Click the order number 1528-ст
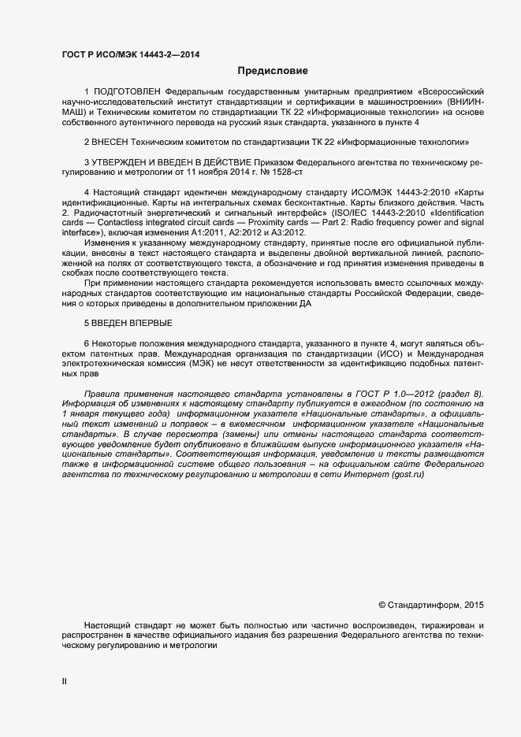[288, 171]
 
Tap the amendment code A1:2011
[212, 232]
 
